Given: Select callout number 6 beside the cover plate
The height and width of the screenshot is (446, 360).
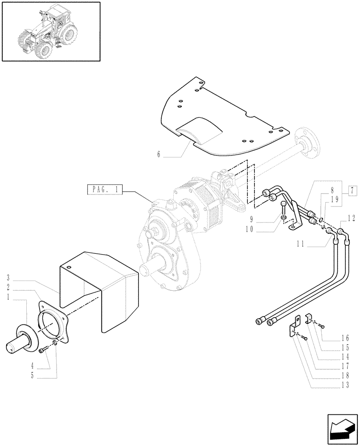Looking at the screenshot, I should pyautogui.click(x=159, y=155).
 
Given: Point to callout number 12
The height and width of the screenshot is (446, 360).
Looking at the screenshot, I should pyautogui.click(x=351, y=218).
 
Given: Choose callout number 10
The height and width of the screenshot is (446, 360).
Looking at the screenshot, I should pyautogui.click(x=250, y=230).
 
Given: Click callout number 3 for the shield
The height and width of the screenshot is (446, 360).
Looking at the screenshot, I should pyautogui.click(x=9, y=278).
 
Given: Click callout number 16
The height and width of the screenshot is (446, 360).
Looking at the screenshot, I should pyautogui.click(x=346, y=338).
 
